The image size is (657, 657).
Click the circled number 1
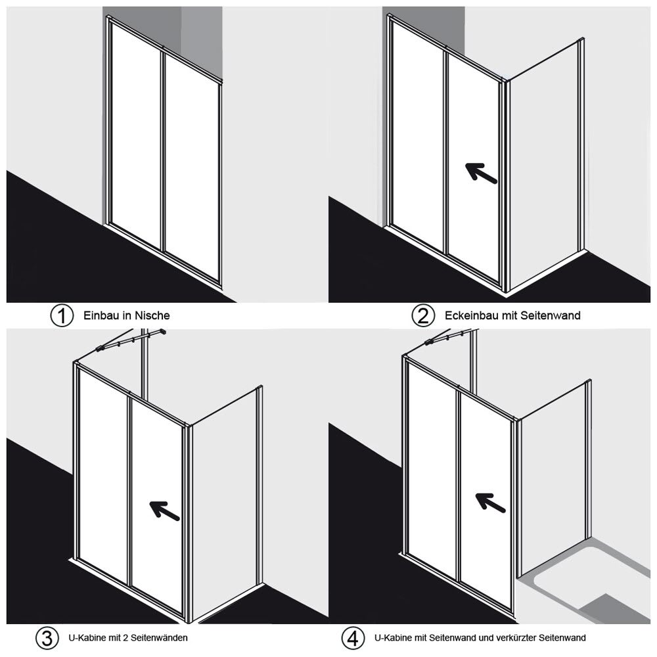tap(62, 315)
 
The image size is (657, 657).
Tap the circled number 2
tap(423, 315)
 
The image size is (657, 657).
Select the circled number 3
tap(47, 638)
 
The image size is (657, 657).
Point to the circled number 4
tap(353, 638)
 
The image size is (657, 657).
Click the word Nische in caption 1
tap(152, 315)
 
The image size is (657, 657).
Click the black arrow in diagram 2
tap(481, 173)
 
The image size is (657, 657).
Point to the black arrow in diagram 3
tap(164, 510)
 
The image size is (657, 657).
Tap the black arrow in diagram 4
tap(490, 502)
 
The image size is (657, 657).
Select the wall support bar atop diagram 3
tap(131, 340)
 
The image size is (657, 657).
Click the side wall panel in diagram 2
tap(544, 166)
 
